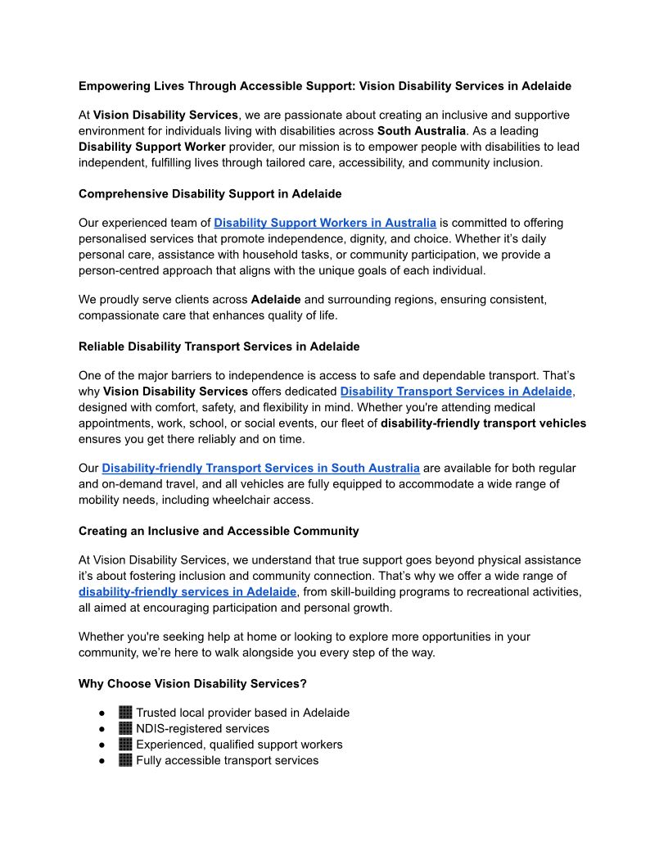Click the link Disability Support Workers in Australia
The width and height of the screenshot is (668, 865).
pos(325,223)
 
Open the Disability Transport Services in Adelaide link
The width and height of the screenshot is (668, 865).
pos(456,392)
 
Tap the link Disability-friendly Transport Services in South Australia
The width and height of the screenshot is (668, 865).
pos(260,468)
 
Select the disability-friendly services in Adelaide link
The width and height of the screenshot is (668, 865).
pos(187,591)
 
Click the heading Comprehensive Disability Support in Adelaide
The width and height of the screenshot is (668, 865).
pos(210,194)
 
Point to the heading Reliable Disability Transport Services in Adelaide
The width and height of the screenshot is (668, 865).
pos(219,346)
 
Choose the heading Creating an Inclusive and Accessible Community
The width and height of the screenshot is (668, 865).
pos(219,531)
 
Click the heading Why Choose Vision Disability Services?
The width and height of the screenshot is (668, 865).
pos(192,683)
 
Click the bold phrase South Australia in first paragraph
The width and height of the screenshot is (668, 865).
pos(422,131)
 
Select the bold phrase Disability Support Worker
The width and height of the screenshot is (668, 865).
pos(152,147)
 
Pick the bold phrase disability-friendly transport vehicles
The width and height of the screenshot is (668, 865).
pos(483,423)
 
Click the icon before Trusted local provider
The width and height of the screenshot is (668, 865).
pos(125,713)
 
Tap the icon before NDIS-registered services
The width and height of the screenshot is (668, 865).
pos(125,728)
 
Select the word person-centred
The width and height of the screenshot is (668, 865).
pos(118,270)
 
